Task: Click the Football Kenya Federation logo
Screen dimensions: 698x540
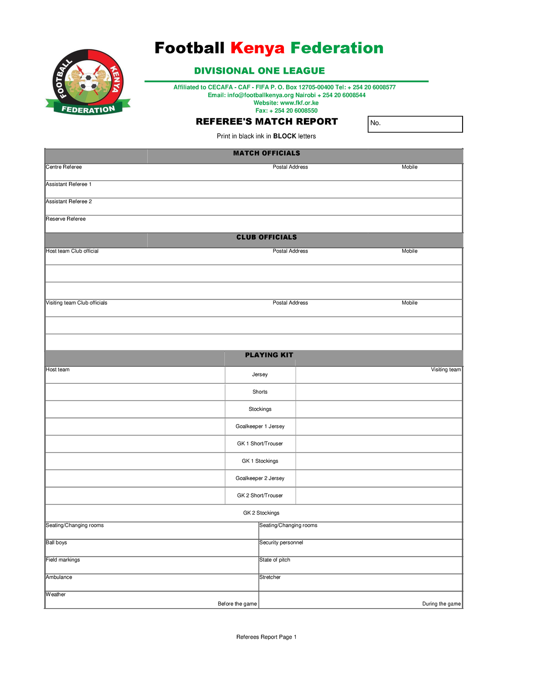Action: coord(88,82)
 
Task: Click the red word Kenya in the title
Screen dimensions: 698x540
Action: coord(257,48)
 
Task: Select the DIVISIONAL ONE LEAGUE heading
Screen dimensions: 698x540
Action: coord(259,71)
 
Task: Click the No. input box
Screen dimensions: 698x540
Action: coord(415,124)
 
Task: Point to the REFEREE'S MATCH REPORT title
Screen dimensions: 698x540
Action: coord(266,122)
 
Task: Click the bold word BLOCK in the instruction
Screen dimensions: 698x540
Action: coord(284,136)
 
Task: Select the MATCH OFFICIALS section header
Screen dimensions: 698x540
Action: coord(266,153)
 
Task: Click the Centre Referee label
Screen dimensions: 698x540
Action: coord(64,167)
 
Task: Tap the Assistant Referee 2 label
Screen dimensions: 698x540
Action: coord(69,202)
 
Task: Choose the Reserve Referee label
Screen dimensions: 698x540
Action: coord(66,219)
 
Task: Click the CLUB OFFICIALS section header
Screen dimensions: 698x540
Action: coord(266,237)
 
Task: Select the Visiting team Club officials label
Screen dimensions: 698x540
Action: coord(76,303)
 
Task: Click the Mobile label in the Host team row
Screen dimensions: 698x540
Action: coord(409,251)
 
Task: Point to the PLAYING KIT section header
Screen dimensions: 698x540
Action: coord(269,355)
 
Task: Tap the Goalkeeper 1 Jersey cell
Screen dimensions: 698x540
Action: coord(260,427)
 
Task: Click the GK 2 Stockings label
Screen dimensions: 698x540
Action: coord(261,513)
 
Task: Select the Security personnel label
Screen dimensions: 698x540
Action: coord(281,543)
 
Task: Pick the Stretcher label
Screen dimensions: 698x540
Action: coord(270,578)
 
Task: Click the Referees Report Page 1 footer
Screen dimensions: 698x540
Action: coord(266,637)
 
